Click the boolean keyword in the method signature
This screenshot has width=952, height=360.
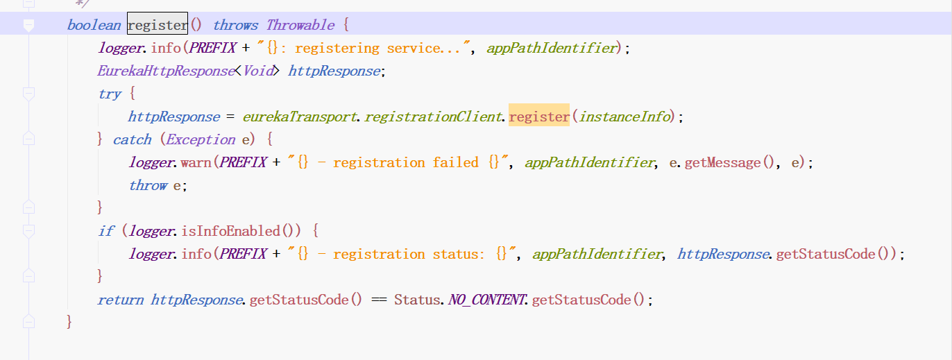[93, 26]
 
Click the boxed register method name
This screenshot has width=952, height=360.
[158, 26]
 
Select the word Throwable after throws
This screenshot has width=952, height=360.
[300, 26]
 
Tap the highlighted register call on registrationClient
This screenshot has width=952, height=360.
[539, 117]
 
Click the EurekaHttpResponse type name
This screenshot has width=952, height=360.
[165, 71]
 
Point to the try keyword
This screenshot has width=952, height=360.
[110, 94]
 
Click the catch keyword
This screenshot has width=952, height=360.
[132, 139]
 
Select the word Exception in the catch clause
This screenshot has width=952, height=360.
[200, 139]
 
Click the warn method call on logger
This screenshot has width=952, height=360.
[196, 162]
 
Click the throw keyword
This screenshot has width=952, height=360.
[148, 185]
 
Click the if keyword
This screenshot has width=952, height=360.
[105, 231]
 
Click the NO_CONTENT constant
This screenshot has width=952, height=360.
[486, 300]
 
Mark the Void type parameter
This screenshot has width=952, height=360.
[257, 71]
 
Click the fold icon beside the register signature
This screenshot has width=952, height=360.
[28, 26]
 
